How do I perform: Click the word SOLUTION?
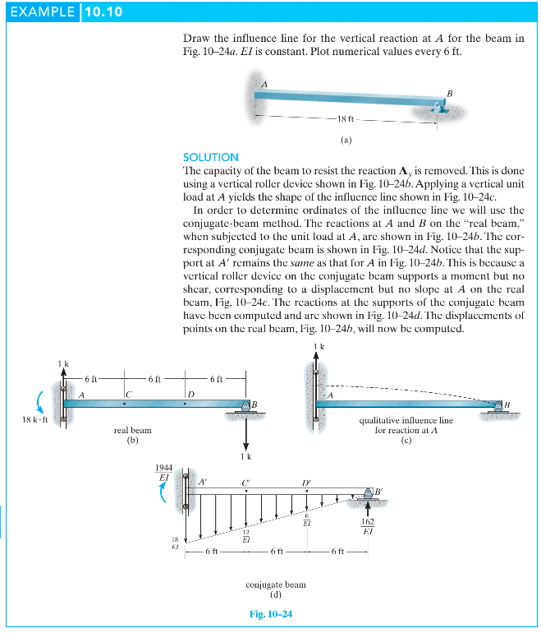point(211,157)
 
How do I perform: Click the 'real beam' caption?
point(132,430)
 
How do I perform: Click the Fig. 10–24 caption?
point(270,614)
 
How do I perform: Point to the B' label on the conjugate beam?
point(379,492)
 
